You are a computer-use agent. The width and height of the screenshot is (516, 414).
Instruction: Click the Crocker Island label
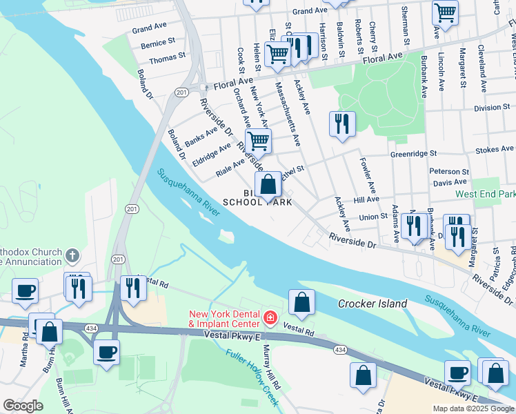373,304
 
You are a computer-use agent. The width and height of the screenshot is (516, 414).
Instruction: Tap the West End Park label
485,195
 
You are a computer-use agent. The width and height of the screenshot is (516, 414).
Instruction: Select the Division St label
491,108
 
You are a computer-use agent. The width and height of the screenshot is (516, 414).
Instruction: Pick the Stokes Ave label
495,148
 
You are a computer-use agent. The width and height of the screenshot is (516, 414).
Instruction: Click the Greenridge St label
414,154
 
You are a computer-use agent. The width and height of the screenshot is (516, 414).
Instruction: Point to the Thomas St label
168,59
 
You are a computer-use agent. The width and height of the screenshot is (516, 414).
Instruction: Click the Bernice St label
153,43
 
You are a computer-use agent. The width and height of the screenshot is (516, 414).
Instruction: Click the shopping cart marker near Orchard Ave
258,141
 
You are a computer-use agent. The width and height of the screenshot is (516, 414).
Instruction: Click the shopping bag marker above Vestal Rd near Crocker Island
301,302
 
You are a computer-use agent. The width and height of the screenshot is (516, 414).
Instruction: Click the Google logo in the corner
23,406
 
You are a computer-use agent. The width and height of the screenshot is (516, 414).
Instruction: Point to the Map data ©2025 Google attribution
473,408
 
